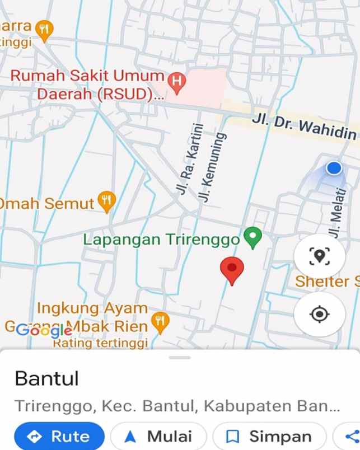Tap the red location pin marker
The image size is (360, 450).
232,270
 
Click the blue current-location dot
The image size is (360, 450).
334,168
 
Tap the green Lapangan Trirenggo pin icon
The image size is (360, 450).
253,238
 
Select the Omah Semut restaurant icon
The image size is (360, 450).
106,201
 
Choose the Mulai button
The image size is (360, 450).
158,436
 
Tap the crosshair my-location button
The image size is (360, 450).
320,314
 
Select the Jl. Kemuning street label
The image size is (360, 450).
212,166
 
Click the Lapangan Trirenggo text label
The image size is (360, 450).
161,240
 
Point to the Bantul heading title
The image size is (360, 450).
46,379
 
